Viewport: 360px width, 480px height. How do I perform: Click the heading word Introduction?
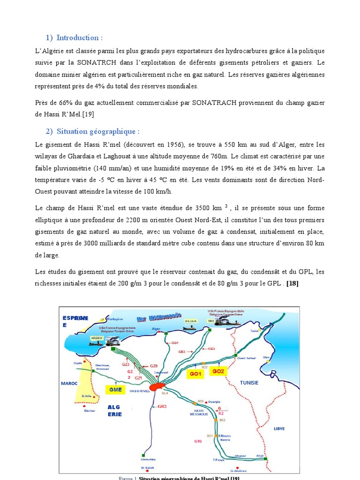(x=79, y=37)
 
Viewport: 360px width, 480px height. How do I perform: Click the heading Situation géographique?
(x=98, y=132)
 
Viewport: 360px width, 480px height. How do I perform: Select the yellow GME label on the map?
(x=115, y=389)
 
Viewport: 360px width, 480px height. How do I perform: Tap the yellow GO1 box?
(x=195, y=374)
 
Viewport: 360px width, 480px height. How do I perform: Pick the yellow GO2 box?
(x=218, y=371)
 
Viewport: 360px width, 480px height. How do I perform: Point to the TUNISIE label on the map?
(x=249, y=382)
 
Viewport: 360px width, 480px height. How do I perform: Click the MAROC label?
(x=68, y=383)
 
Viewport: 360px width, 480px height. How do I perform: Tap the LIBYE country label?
(x=279, y=428)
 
